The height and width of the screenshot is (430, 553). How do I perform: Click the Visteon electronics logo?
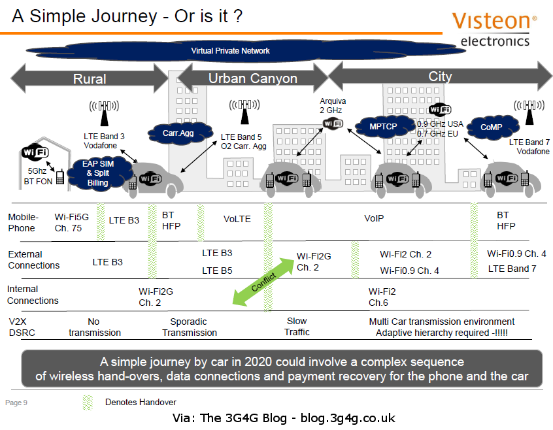pyautogui.click(x=495, y=29)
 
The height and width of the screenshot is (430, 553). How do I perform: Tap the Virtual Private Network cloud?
pyautogui.click(x=230, y=51)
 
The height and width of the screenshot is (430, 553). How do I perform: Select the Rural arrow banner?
pyautogui.click(x=90, y=79)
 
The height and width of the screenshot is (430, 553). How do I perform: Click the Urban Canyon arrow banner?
pyautogui.click(x=252, y=79)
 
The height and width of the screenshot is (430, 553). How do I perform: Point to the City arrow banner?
pyautogui.click(x=440, y=76)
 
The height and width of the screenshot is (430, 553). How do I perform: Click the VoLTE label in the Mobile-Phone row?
pyautogui.click(x=237, y=219)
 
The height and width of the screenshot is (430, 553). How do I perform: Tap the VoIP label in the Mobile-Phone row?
pyautogui.click(x=373, y=219)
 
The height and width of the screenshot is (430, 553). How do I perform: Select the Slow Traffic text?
pyautogui.click(x=297, y=327)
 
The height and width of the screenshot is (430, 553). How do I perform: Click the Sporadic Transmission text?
pyautogui.click(x=189, y=327)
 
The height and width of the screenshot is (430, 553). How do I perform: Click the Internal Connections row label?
pyautogui.click(x=33, y=295)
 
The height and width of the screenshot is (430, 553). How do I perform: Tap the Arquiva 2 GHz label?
pyautogui.click(x=333, y=106)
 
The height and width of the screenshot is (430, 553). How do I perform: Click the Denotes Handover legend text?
pyautogui.click(x=141, y=402)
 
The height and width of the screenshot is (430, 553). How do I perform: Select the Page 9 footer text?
pyautogui.click(x=16, y=403)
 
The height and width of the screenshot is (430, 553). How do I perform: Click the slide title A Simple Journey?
pyautogui.click(x=127, y=16)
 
